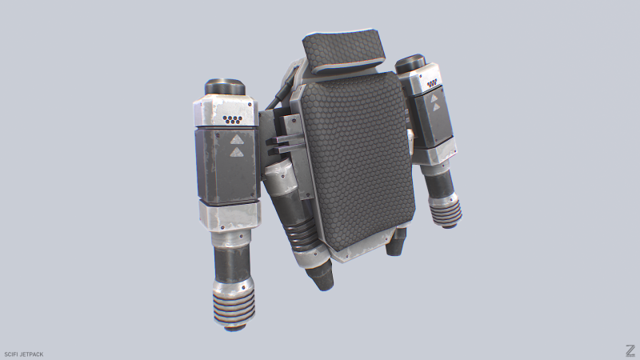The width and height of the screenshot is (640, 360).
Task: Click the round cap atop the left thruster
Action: [228, 86]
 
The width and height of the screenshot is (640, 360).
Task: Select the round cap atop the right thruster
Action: [414, 63]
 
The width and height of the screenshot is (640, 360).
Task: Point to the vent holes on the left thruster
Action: [233, 120]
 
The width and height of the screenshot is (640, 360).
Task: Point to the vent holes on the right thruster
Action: [432, 82]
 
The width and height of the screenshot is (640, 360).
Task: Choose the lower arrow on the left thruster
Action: [237, 151]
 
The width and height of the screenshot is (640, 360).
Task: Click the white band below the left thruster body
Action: [229, 213]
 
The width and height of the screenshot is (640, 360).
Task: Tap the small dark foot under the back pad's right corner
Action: [396, 245]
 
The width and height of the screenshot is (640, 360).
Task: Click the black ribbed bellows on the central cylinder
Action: [302, 235]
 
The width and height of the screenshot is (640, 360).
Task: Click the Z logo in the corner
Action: [630, 350]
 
